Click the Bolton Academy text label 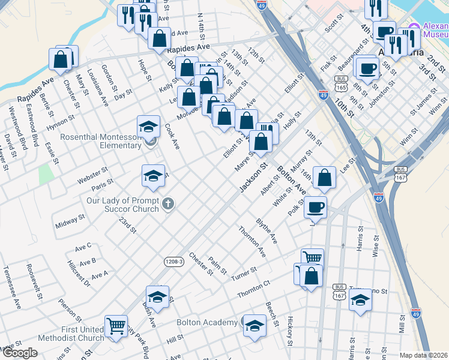[x=207, y=322]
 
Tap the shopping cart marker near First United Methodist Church [x=116, y=327]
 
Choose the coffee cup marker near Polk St [x=315, y=208]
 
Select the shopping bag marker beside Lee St [x=324, y=178]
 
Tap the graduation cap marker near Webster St [x=153, y=175]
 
